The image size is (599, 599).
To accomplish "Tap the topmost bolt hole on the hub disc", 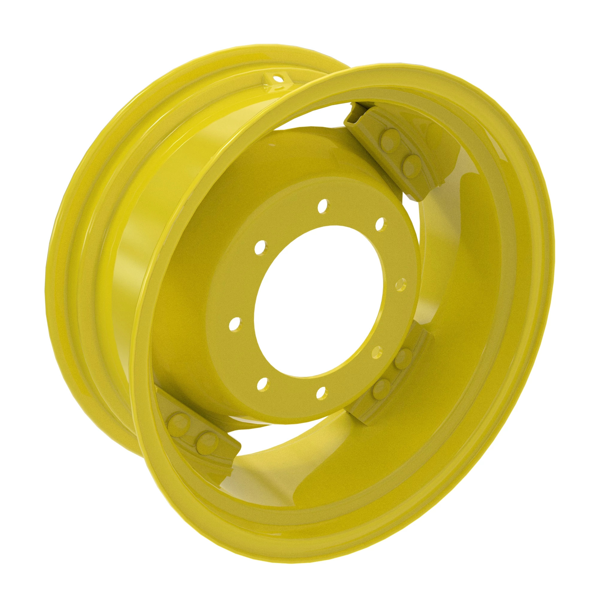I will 323,205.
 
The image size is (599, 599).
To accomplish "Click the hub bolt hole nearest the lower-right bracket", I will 377,352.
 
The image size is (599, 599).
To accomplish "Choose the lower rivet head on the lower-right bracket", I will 382,388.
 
